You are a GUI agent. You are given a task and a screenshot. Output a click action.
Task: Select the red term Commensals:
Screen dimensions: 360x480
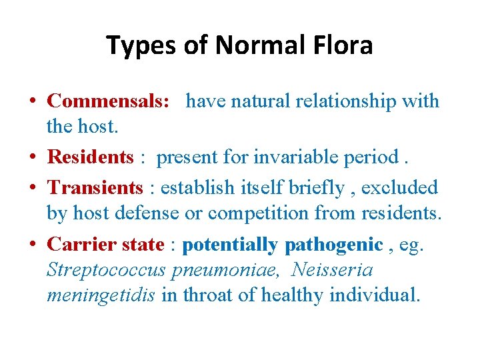pos(109,101)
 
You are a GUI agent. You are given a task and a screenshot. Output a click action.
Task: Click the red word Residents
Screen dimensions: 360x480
pos(91,157)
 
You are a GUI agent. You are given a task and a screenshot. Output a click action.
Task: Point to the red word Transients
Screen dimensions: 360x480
pos(95,188)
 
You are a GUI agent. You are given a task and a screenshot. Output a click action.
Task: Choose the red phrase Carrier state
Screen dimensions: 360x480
pos(105,245)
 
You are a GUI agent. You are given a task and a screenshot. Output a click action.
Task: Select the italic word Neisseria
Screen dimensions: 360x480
pos(332,270)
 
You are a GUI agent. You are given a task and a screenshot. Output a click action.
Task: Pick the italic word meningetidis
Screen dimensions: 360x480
pos(101,295)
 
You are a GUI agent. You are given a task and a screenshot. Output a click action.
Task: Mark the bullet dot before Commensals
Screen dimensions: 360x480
pos(32,101)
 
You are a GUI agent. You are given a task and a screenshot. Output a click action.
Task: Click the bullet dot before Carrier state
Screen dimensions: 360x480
pos(32,245)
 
